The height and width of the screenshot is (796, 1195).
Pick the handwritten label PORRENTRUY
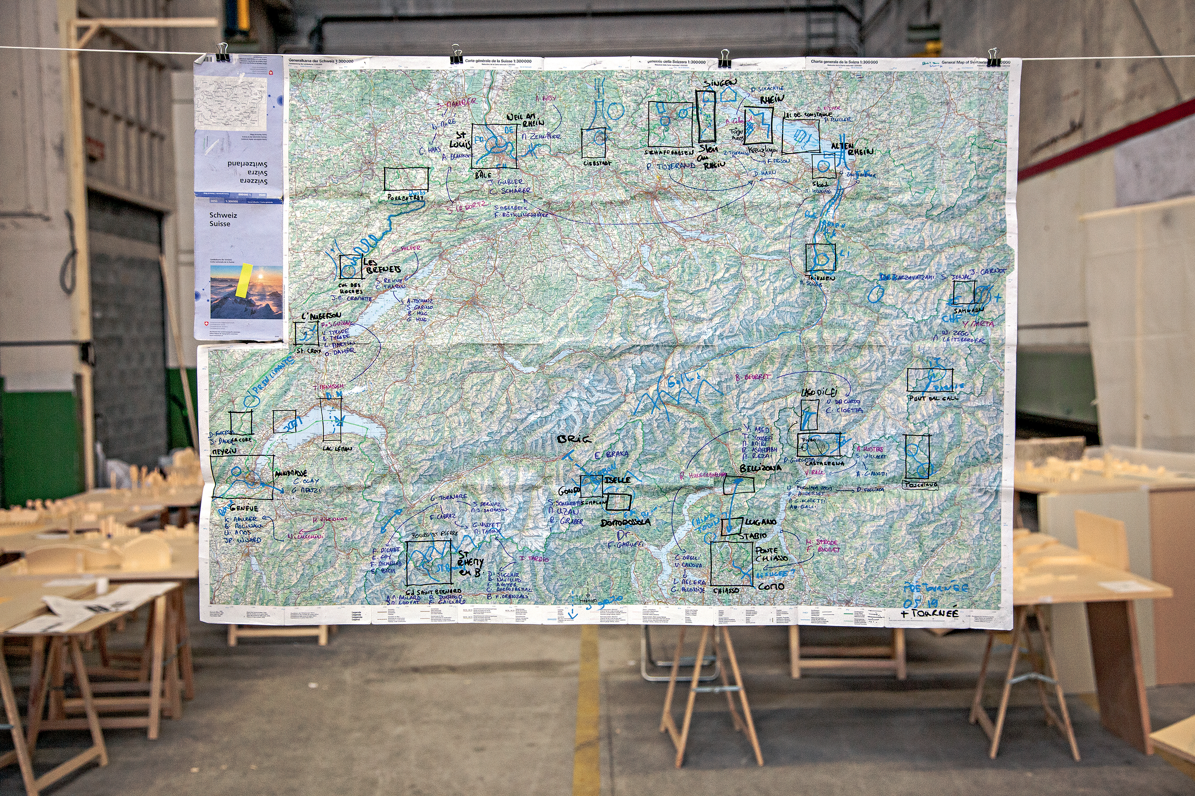pyautogui.click(x=405, y=198)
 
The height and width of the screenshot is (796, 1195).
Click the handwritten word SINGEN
pyautogui.click(x=720, y=83)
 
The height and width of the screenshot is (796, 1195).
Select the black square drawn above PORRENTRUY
pyautogui.click(x=406, y=179)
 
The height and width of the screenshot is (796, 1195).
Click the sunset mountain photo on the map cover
pyautogui.click(x=246, y=292)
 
